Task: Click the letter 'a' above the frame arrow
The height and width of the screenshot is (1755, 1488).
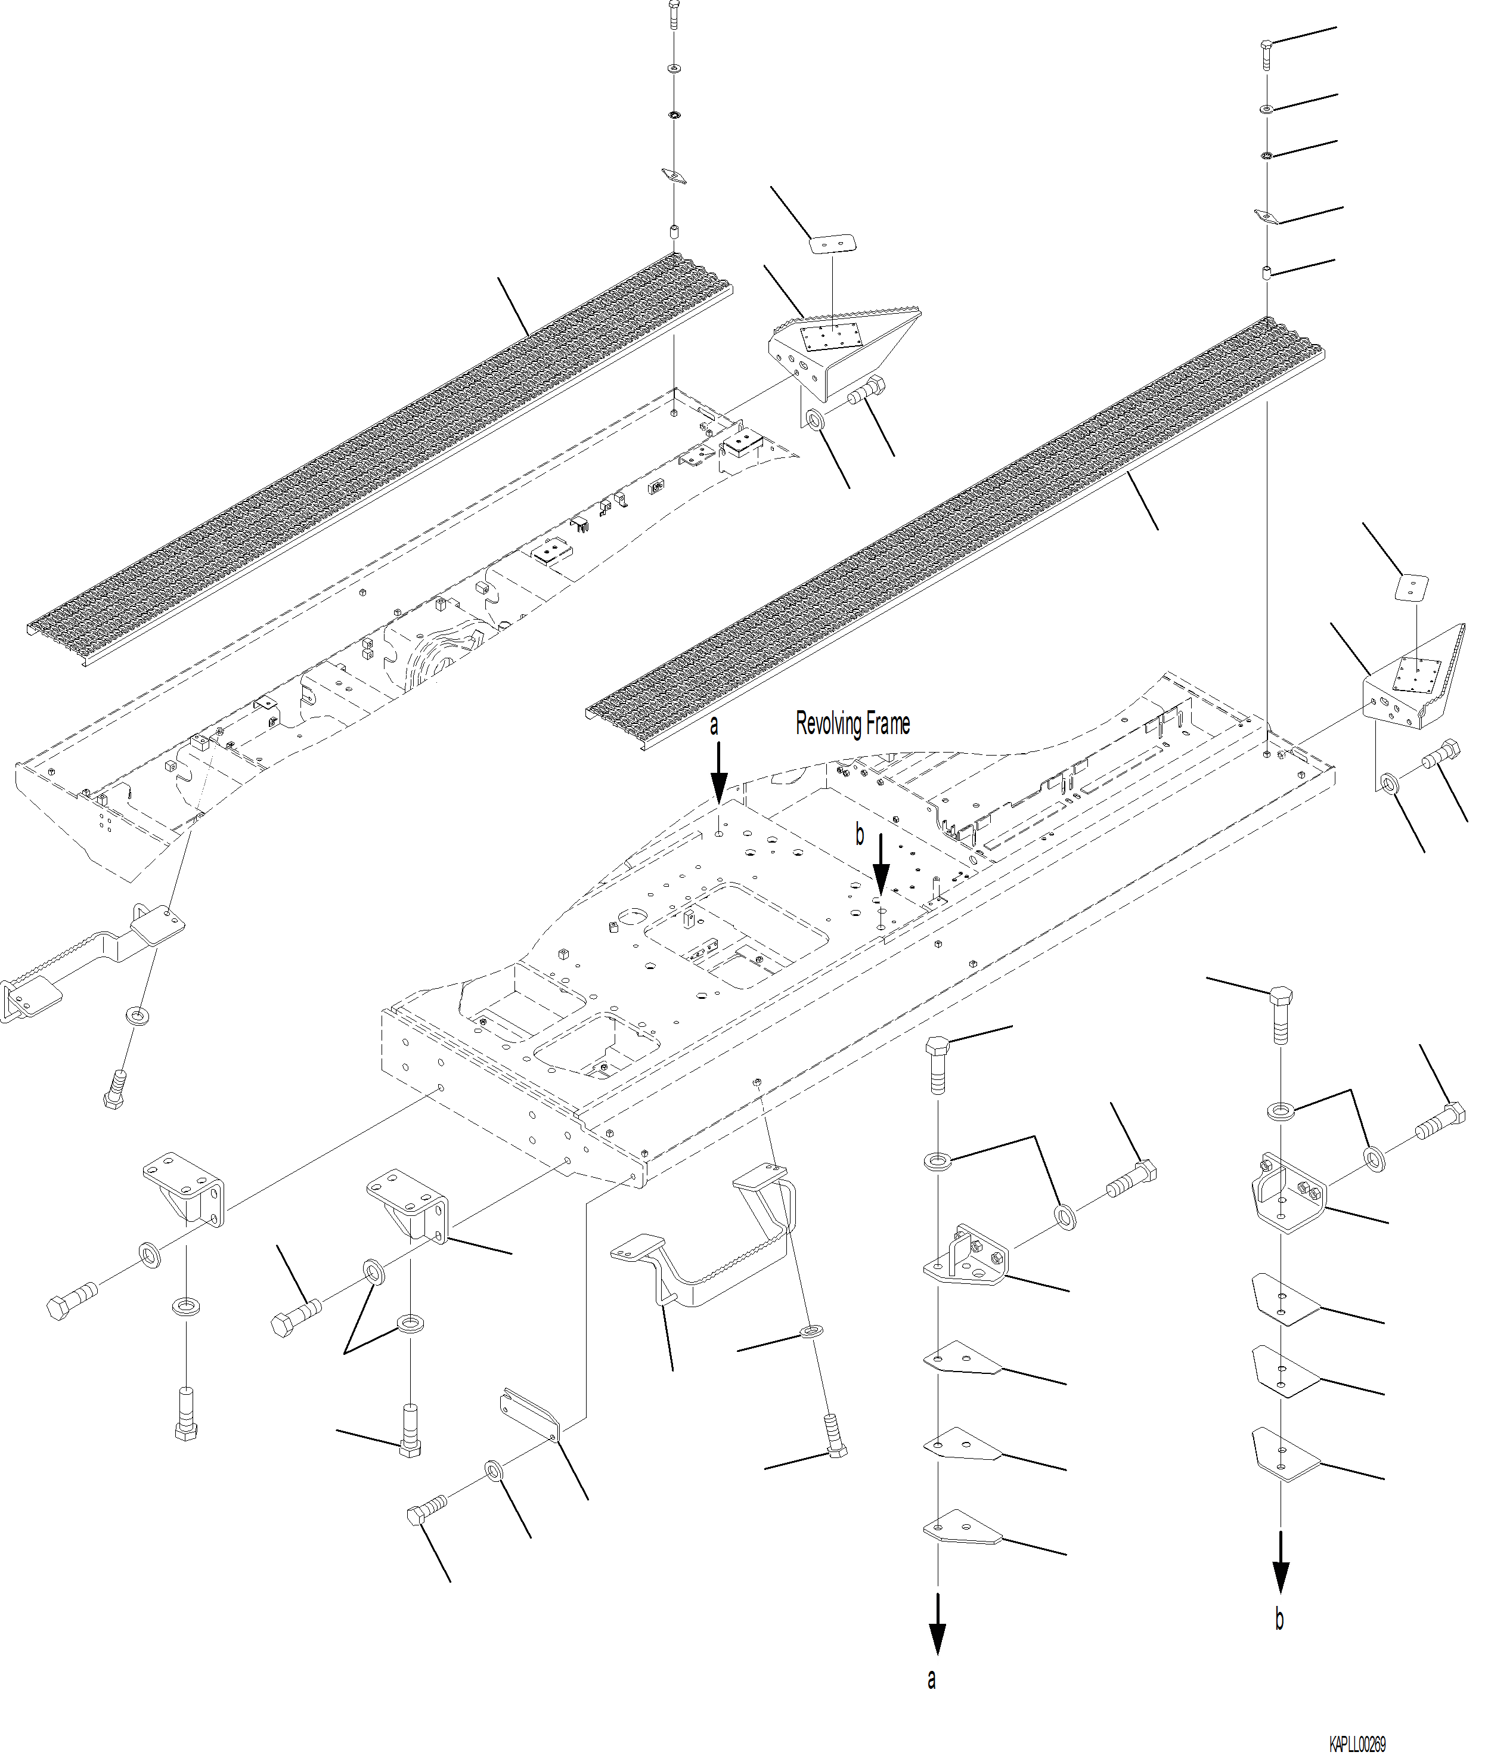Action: pyautogui.click(x=714, y=726)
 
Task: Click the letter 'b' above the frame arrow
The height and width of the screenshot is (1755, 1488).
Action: pyautogui.click(x=860, y=834)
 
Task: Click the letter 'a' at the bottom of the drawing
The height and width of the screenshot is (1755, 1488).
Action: pyautogui.click(x=931, y=1679)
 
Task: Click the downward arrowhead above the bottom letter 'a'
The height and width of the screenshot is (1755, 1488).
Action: pyautogui.click(x=937, y=1638)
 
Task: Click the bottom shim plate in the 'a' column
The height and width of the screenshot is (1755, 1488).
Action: pyautogui.click(x=962, y=1531)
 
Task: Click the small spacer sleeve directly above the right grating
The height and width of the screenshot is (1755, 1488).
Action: pyautogui.click(x=1266, y=273)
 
